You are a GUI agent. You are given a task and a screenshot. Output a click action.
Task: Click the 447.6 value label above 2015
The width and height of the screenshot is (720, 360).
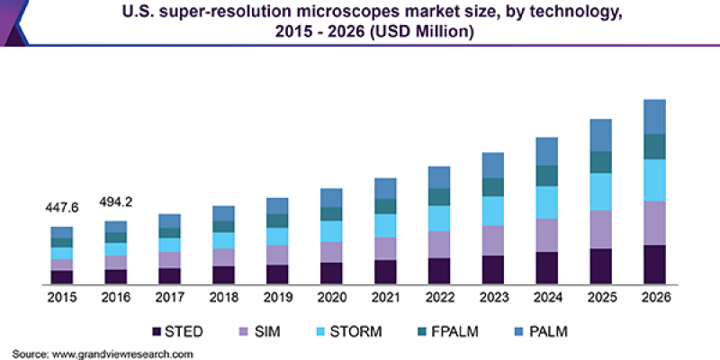coord(62,208)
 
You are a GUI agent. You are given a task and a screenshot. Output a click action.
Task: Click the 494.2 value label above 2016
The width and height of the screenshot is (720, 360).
coord(116,201)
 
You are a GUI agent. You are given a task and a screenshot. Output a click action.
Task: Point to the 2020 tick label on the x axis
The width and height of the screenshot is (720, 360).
coord(332,298)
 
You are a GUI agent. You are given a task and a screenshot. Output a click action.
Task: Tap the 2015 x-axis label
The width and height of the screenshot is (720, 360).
coord(62,298)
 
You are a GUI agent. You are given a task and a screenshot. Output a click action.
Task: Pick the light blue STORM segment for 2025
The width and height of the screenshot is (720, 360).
coord(600,192)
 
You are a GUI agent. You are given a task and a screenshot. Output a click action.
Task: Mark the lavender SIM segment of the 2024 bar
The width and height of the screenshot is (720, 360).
coord(547,235)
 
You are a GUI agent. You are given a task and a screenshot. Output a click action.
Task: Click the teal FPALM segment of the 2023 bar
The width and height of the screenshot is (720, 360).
coord(493,186)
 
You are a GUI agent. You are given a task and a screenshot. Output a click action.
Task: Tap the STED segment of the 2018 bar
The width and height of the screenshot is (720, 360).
coord(224,274)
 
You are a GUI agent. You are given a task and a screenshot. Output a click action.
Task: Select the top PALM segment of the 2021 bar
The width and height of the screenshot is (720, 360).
coord(385,188)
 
